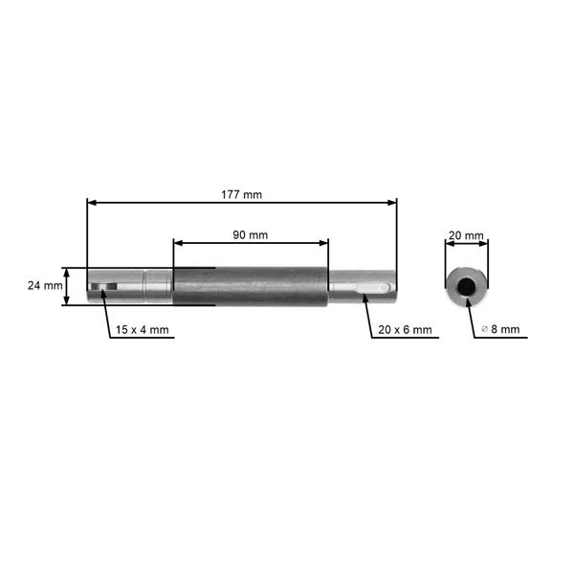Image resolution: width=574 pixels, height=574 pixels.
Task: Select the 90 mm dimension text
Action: pos(251,234)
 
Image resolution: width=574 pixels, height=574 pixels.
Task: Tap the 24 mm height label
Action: pos(44,285)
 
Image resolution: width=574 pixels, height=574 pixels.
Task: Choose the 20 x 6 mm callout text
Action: pos(405,330)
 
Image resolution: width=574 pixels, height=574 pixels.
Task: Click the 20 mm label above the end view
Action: pos(467,234)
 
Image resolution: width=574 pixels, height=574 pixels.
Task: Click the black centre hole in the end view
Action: pos(467,286)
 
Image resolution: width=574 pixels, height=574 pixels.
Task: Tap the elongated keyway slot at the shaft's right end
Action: pos(370,286)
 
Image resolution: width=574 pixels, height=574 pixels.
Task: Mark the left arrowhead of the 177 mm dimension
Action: pos(91,202)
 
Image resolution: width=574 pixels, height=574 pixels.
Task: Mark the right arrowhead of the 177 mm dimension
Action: pos(392,202)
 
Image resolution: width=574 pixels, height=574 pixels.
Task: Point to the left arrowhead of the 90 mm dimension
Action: pos(177,242)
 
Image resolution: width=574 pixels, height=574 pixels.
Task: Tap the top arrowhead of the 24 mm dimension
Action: pos(66,271)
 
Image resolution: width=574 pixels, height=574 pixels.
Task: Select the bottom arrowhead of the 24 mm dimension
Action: pos(66,302)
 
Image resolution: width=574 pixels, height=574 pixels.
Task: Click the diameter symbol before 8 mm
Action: pos(484,330)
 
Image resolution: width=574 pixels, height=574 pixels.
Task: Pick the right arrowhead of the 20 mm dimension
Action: pos(486,242)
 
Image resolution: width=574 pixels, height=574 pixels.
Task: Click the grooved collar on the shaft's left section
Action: pos(156,286)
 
